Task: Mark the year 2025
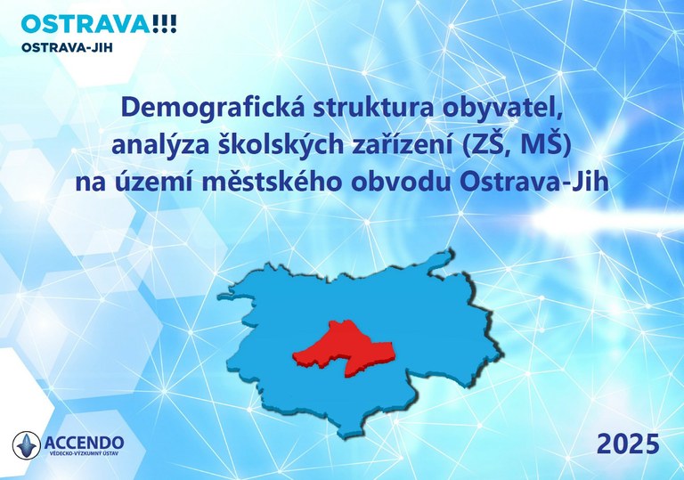click(628, 442)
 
